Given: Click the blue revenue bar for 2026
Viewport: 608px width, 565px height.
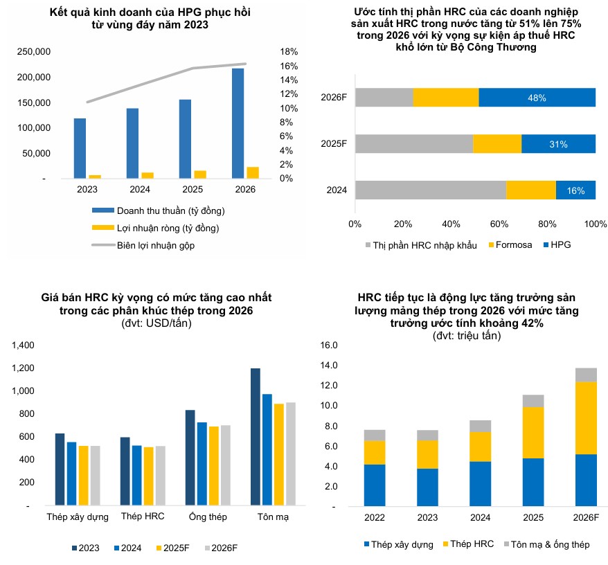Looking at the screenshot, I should pyautogui.click(x=238, y=123).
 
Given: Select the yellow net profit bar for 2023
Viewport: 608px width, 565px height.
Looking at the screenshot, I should pyautogui.click(x=95, y=177).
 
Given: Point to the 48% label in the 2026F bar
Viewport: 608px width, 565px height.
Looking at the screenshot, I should pyautogui.click(x=537, y=98).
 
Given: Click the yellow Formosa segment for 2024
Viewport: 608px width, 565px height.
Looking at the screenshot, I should pyautogui.click(x=531, y=190).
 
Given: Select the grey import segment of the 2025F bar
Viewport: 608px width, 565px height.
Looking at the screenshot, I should pyautogui.click(x=414, y=144).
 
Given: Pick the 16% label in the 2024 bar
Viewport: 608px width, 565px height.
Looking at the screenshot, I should pyautogui.click(x=575, y=190).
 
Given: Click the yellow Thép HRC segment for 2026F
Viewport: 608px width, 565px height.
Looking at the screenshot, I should pyautogui.click(x=587, y=418).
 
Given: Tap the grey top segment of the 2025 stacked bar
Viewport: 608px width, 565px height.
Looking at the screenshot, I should pyautogui.click(x=533, y=400).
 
